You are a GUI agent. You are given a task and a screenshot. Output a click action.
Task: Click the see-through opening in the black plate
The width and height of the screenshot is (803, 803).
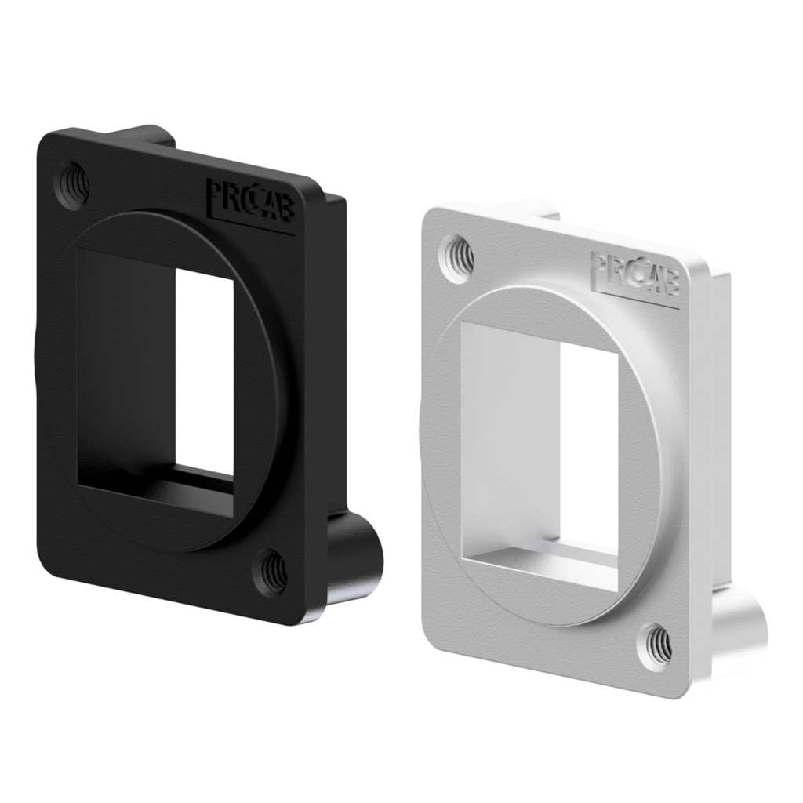[x=206, y=372]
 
